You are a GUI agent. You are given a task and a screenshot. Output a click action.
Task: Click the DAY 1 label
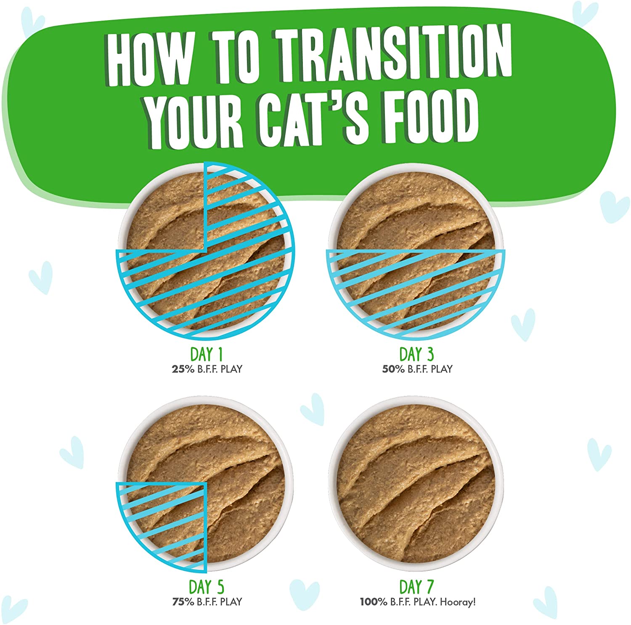coord(206,354)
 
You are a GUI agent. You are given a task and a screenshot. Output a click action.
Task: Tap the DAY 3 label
coord(416,354)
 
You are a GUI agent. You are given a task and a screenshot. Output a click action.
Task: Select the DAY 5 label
coord(206,587)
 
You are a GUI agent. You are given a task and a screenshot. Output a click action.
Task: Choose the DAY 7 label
coord(416,587)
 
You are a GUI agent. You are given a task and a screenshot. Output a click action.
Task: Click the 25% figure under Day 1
coord(183,369)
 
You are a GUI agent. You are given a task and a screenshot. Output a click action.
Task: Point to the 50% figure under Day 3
coord(393,369)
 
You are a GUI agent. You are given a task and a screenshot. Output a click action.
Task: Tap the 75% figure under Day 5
coord(183,602)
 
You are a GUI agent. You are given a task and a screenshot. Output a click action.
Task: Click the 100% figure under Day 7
coord(373,602)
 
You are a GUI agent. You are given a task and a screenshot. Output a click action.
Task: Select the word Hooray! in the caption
coord(458,602)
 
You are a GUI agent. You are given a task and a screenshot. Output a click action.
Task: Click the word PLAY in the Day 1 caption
coord(231,369)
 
